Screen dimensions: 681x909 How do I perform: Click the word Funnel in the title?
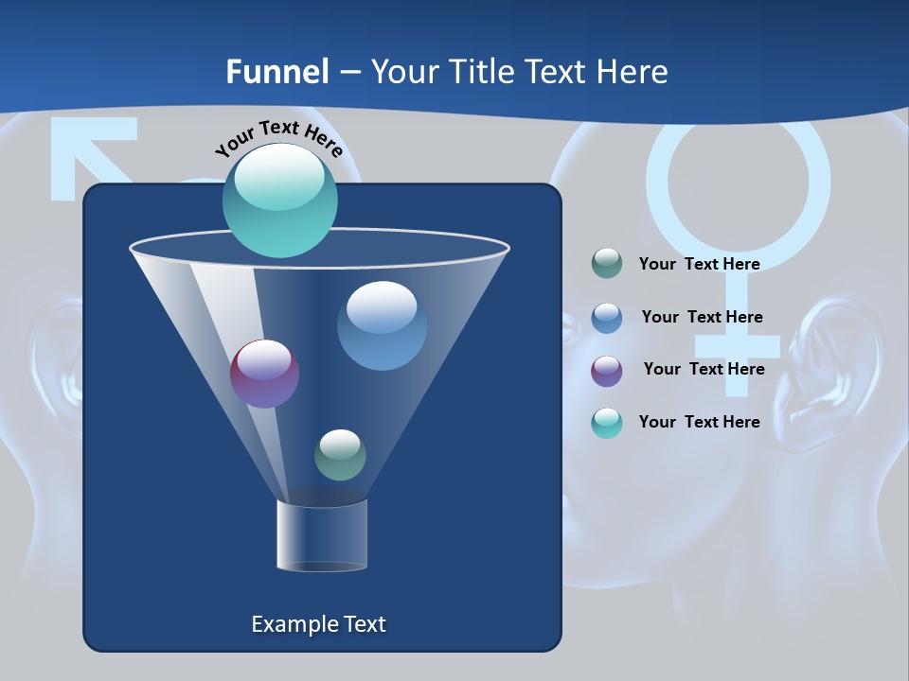point(277,72)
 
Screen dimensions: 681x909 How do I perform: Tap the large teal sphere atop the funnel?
point(279,201)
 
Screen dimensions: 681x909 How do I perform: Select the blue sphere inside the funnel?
point(382,325)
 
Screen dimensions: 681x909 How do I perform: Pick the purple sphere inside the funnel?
point(264,374)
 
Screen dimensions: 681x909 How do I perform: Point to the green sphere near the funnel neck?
point(340,455)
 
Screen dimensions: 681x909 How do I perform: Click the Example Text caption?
point(318,624)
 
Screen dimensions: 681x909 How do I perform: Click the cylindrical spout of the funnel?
point(322,536)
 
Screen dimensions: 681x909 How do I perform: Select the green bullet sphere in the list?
point(607,264)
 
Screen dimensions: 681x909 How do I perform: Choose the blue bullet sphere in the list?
point(607,318)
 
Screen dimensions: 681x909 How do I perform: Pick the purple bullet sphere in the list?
point(607,371)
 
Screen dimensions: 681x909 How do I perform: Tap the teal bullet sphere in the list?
point(607,423)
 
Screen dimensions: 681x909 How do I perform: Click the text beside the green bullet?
point(699,264)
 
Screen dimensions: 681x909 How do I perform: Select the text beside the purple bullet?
point(704,369)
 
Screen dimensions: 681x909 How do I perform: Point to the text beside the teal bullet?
point(699,422)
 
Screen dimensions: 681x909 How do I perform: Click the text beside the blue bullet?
point(702,317)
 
